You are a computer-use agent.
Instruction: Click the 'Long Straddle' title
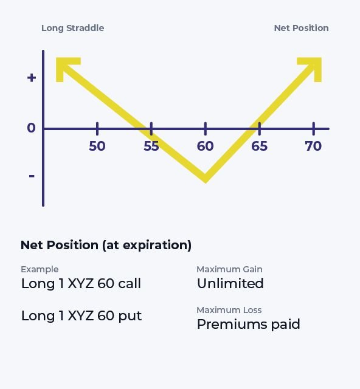tap(72, 28)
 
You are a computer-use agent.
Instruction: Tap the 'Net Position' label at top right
tap(301, 28)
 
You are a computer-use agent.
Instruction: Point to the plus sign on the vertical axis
tap(32, 78)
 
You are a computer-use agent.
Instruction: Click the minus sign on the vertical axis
tap(32, 176)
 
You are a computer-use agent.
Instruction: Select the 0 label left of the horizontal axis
tap(31, 128)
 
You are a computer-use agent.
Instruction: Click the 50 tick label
tap(97, 146)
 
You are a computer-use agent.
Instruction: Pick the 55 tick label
tap(151, 146)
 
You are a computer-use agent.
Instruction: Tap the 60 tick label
tap(205, 146)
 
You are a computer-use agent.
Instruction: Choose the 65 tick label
tap(259, 146)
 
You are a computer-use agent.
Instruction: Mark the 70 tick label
tap(313, 146)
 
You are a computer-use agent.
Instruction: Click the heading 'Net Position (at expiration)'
tap(106, 245)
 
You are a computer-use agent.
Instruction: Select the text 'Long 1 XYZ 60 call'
tap(81, 283)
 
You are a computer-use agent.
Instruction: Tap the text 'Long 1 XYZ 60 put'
tap(81, 316)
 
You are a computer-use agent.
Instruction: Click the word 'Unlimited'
tap(230, 283)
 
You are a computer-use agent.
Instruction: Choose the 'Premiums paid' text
tap(248, 324)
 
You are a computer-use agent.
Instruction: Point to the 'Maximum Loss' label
tap(229, 310)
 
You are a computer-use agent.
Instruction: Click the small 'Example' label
tap(40, 269)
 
